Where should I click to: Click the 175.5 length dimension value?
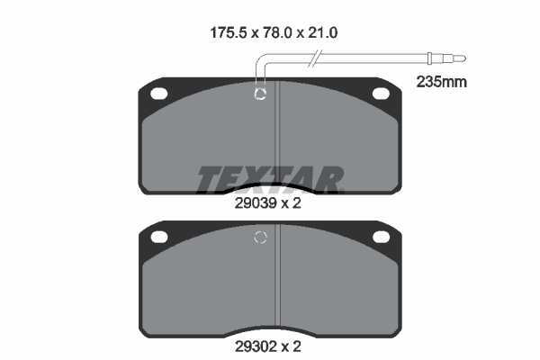229,33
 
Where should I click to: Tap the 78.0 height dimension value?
277,33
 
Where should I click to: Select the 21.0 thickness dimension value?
323,33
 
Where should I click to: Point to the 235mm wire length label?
442,82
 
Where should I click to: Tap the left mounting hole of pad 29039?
158,94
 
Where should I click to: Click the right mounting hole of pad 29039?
382,94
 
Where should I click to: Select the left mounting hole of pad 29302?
159,237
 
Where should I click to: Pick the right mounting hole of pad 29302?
382,237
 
